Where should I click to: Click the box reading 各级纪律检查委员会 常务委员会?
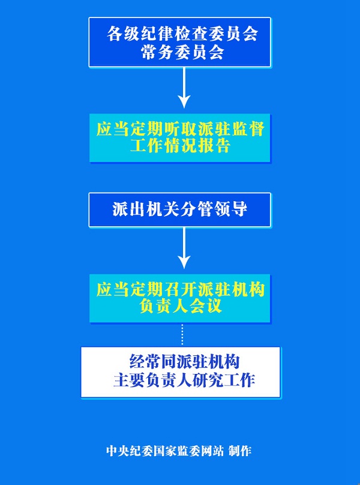[180, 42]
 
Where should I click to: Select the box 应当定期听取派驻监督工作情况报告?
[180, 137]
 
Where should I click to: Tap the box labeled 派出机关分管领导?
[180, 209]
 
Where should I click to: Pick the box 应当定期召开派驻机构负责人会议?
[180, 298]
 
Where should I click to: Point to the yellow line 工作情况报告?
[180, 146]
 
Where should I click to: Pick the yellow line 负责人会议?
[180, 307]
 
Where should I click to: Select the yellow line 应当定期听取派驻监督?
[180, 129]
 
